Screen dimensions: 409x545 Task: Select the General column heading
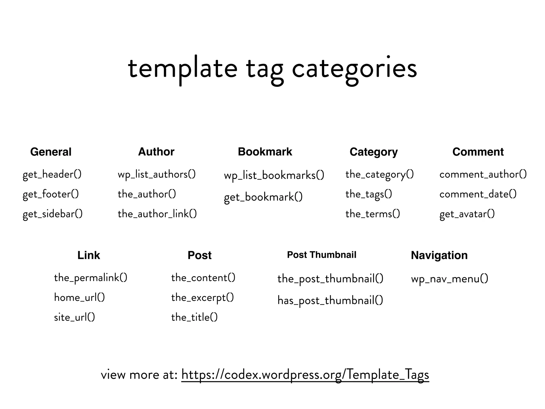[x=51, y=152]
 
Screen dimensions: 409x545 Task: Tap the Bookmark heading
[x=265, y=152]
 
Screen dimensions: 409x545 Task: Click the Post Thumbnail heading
[x=321, y=255]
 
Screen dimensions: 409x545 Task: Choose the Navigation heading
[x=439, y=255]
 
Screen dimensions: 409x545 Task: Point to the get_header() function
[x=52, y=175]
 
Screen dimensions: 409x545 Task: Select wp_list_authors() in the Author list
[x=156, y=175]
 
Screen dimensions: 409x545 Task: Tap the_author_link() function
[x=157, y=214]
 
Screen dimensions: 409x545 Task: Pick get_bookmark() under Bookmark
[x=263, y=197]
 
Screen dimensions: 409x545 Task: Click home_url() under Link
[x=79, y=297]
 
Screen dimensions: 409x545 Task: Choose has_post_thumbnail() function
[x=330, y=301]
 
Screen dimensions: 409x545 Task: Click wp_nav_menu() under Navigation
[x=449, y=279]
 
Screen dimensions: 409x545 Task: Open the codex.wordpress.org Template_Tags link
[x=305, y=375]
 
